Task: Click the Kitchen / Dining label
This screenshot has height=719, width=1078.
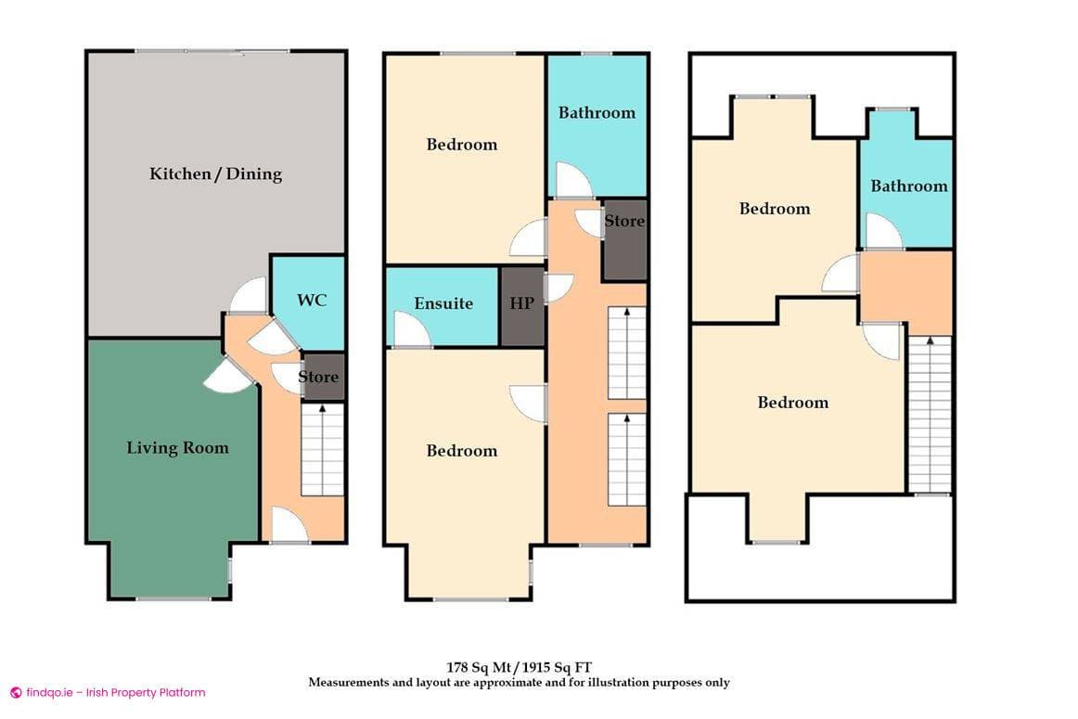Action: (215, 173)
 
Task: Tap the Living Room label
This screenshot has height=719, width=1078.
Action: (177, 448)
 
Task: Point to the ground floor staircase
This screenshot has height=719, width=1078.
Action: (323, 450)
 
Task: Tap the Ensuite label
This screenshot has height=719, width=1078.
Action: (443, 303)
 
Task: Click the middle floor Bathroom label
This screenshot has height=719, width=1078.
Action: (597, 112)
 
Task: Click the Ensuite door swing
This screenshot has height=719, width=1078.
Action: (411, 331)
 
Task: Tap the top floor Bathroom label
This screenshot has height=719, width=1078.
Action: (908, 186)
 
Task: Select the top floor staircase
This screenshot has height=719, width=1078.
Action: (929, 414)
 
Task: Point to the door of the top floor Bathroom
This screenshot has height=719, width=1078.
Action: (882, 232)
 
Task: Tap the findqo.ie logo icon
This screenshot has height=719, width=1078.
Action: (15, 692)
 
